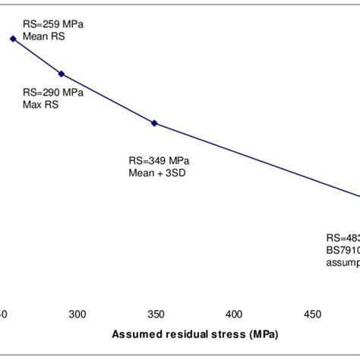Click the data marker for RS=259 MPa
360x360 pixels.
[x=13, y=39]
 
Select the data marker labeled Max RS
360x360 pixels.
[x=62, y=74]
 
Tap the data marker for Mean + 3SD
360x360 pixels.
[x=154, y=123]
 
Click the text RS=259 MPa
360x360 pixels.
[x=52, y=24]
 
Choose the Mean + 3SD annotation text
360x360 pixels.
[x=157, y=172]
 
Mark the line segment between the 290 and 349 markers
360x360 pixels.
[x=108, y=99]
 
